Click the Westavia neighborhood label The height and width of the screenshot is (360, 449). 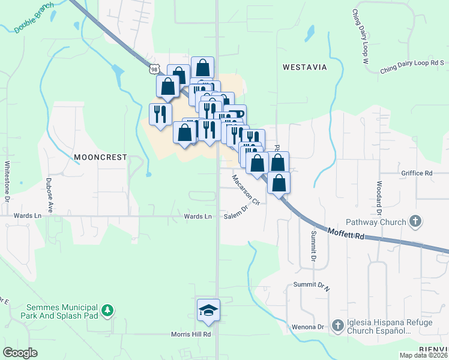tap(305, 67)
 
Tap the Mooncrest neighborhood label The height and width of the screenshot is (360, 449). tap(101, 157)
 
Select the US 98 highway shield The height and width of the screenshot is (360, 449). tap(155, 70)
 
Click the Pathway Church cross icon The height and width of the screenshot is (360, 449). tap(415, 222)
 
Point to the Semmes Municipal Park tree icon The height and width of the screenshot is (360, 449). tap(107, 310)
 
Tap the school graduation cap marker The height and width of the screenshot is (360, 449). tap(208, 310)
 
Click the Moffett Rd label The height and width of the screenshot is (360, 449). tap(347, 233)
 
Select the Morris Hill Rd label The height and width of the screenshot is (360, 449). tap(190, 334)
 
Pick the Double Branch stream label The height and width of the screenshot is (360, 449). tap(34, 21)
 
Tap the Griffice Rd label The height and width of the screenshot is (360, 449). tap(417, 173)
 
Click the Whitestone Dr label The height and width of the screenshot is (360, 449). tap(7, 180)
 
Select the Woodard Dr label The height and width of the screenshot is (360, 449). tap(379, 197)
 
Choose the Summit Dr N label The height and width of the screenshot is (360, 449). tap(311, 286)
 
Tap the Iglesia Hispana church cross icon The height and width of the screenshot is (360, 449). tap(337, 326)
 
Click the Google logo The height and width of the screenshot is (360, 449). tap(20, 353)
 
